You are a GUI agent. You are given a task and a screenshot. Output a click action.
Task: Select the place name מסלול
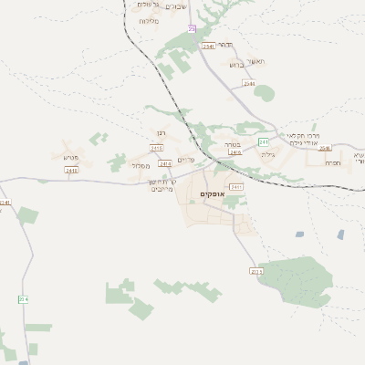coord(141,165)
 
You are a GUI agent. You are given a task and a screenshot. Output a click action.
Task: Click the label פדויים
coord(187,160)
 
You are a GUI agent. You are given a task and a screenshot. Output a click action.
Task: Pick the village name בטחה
coord(231,142)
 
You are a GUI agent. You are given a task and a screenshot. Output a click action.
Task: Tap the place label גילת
coord(267,155)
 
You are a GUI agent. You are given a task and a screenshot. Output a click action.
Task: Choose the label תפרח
coord(333,163)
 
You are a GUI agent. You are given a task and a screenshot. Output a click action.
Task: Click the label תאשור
coord(255,60)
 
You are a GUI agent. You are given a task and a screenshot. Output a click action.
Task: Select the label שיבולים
coord(173,5)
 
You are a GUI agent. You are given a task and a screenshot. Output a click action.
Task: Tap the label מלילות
coord(149,20)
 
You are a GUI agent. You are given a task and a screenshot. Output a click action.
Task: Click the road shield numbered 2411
coord(237,186)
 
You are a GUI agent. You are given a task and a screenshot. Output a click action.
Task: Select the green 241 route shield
coord(264,142)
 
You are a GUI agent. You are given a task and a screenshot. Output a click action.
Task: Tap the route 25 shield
coord(192,29)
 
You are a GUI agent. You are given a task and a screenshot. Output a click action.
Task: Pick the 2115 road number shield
coord(255,271)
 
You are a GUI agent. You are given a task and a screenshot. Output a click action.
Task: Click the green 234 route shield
coord(23,298)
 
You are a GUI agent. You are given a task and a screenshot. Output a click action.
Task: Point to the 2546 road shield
coord(326,148)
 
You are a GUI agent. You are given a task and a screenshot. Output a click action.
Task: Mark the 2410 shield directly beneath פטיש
coord(71,170)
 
